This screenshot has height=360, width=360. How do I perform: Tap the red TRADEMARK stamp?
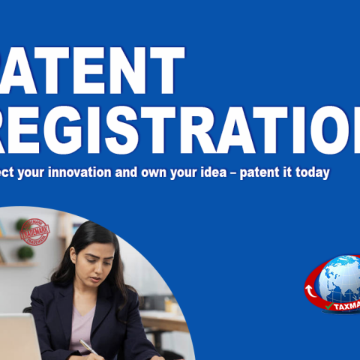click(34, 232)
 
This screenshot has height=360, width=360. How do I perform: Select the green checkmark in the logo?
click(328, 306)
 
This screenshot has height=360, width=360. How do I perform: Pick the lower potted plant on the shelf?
click(25, 253)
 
